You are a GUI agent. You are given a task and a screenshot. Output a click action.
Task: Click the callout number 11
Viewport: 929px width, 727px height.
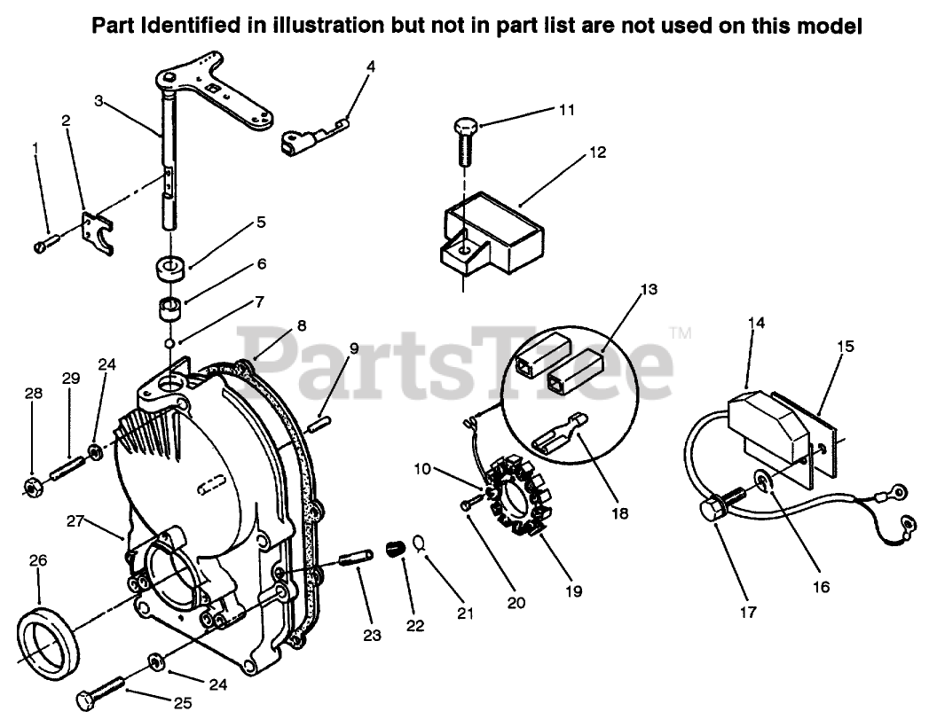(x=567, y=110)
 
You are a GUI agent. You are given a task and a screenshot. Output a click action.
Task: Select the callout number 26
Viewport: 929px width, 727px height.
(x=38, y=560)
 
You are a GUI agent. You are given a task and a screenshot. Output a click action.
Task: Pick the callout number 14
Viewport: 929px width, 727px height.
(x=756, y=324)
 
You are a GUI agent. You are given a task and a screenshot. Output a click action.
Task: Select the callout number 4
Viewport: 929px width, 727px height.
(x=371, y=66)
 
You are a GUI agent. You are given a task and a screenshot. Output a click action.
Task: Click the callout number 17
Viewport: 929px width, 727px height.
(x=748, y=612)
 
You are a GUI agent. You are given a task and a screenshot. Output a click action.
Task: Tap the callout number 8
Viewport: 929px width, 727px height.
(x=302, y=325)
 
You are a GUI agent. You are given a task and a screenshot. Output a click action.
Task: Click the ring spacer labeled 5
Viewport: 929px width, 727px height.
(x=168, y=267)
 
